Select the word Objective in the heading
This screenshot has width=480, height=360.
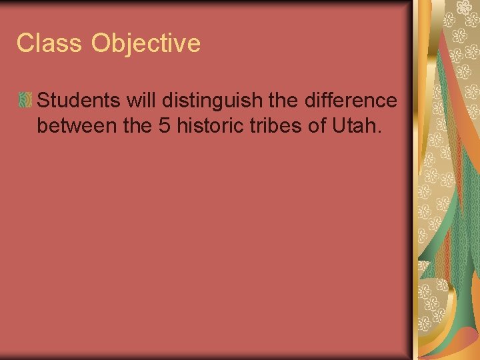point(146,43)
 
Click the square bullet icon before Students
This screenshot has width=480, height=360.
point(25,101)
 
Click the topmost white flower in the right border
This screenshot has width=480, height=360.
point(463,7)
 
